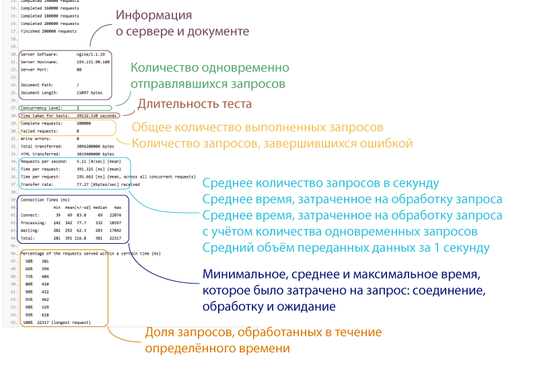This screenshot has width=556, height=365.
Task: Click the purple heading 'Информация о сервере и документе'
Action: tap(182, 23)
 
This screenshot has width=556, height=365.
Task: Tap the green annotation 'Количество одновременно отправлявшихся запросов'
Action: tap(210, 75)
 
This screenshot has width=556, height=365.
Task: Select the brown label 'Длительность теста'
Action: tap(195, 104)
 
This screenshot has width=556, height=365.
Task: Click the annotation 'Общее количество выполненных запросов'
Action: tap(257, 127)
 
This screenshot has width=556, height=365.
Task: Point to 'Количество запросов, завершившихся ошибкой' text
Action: tap(273, 143)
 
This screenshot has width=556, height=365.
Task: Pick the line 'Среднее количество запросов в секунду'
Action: tap(320, 183)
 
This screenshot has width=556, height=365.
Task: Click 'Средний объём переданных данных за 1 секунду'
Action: tap(346, 248)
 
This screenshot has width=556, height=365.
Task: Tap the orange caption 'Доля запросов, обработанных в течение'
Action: tap(263, 332)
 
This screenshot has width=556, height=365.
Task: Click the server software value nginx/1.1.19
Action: tap(91, 55)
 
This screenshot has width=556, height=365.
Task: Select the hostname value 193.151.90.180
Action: tap(93, 62)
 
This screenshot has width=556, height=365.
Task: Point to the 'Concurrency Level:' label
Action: tap(42, 108)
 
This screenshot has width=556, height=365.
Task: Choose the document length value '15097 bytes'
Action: tap(90, 92)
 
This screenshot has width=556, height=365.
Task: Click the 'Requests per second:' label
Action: tap(44, 162)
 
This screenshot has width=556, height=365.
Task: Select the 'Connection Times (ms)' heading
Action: tap(45, 200)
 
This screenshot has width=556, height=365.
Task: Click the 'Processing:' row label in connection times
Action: tap(34, 223)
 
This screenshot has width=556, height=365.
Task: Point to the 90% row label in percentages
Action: tap(29, 292)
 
